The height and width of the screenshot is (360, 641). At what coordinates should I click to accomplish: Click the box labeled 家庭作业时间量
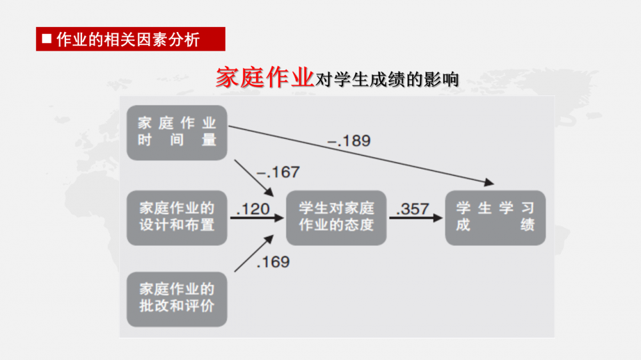(177, 133)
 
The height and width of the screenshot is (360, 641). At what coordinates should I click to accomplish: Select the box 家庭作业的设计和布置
(177, 218)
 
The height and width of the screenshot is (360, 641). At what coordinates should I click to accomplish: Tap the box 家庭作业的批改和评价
(177, 299)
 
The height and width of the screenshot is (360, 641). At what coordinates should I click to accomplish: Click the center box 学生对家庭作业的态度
(336, 218)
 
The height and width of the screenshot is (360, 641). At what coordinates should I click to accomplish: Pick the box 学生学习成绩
(495, 218)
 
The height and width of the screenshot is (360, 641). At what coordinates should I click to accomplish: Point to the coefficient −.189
(349, 141)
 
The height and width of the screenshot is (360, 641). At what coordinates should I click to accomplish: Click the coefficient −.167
(278, 172)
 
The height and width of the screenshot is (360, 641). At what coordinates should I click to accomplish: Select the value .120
(253, 209)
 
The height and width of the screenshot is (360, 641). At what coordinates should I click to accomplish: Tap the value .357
(412, 209)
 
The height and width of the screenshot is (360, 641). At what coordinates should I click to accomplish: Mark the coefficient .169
(273, 262)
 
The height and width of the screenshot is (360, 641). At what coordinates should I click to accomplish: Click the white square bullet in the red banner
(47, 39)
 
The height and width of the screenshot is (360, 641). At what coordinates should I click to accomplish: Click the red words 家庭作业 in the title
(265, 78)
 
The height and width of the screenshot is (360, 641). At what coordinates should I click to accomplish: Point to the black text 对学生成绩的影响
(387, 79)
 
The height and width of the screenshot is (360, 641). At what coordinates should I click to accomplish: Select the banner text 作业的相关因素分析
(128, 40)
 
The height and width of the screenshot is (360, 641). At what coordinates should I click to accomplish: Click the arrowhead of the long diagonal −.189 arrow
(489, 183)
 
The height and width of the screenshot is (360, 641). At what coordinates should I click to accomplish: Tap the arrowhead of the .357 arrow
(438, 218)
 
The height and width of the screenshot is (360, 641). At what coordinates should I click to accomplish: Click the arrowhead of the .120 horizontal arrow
(279, 218)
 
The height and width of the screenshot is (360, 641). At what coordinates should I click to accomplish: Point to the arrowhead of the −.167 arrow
(269, 192)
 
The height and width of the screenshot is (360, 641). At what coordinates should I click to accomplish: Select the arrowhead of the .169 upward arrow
(269, 240)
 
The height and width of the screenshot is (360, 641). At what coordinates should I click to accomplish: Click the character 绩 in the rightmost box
(528, 225)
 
